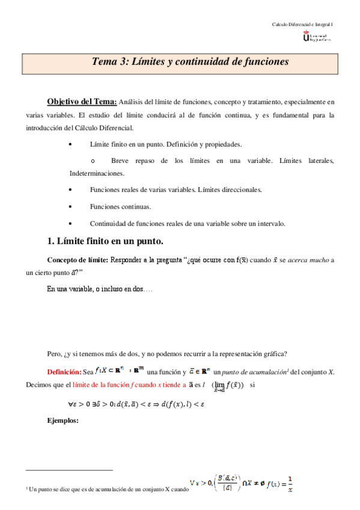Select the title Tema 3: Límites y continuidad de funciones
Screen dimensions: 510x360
pos(191,62)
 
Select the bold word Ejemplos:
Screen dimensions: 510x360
pos(63,420)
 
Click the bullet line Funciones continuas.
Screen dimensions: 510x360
pos(120,206)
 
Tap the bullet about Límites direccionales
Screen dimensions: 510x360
pos(175,189)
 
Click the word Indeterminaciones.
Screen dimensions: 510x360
pos(97,173)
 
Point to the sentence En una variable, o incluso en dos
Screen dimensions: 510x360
pos(99,289)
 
